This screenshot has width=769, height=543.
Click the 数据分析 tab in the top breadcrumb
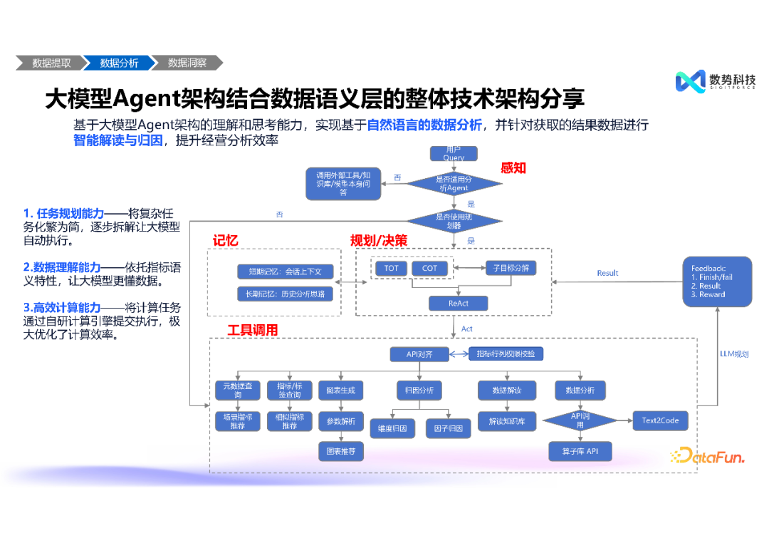(x=119, y=63)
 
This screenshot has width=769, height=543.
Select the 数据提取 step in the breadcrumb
(x=51, y=63)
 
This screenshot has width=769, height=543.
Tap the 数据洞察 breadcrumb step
(x=187, y=63)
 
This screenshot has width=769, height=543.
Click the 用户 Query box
(x=454, y=153)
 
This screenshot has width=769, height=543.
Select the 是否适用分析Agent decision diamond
(x=454, y=183)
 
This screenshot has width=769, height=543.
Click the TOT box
(x=392, y=268)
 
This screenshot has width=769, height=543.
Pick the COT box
(x=429, y=268)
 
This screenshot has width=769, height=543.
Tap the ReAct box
(x=458, y=304)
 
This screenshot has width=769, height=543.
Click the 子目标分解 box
(x=511, y=268)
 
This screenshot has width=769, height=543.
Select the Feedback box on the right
(x=717, y=281)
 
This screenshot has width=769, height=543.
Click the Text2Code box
(x=660, y=420)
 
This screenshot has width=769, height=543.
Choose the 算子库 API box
(x=580, y=451)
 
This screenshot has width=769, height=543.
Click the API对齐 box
(x=420, y=354)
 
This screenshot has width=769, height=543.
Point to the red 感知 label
(x=513, y=167)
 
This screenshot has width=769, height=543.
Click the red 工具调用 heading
(x=252, y=330)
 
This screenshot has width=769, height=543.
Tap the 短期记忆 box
(x=285, y=271)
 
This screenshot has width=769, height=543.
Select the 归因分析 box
(x=419, y=391)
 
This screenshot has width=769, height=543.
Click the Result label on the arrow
(x=607, y=273)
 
